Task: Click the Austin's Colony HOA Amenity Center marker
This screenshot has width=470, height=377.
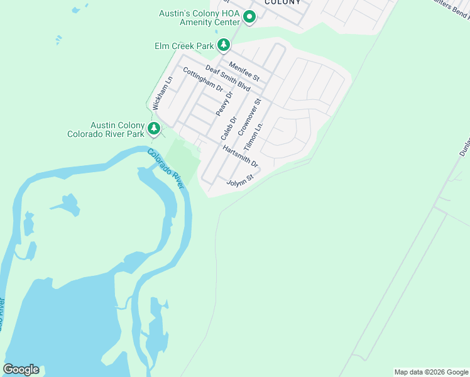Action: click(x=249, y=18)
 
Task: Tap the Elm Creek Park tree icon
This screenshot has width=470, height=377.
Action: click(x=223, y=45)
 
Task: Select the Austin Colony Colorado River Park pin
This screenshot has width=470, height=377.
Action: click(x=153, y=129)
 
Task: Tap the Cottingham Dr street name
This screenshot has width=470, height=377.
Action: click(x=203, y=80)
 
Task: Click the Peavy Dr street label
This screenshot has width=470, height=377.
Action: click(x=224, y=103)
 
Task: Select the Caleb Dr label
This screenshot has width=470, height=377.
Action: click(x=229, y=128)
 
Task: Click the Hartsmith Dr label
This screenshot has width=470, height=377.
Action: click(x=240, y=156)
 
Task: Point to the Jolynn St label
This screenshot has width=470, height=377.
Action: click(x=239, y=180)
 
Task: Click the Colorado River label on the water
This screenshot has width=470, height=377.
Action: click(x=166, y=168)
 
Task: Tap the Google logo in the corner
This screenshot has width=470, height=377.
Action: click(x=21, y=369)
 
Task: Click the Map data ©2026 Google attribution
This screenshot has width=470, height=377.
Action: click(x=430, y=372)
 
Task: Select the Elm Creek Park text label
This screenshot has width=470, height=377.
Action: click(x=185, y=46)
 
